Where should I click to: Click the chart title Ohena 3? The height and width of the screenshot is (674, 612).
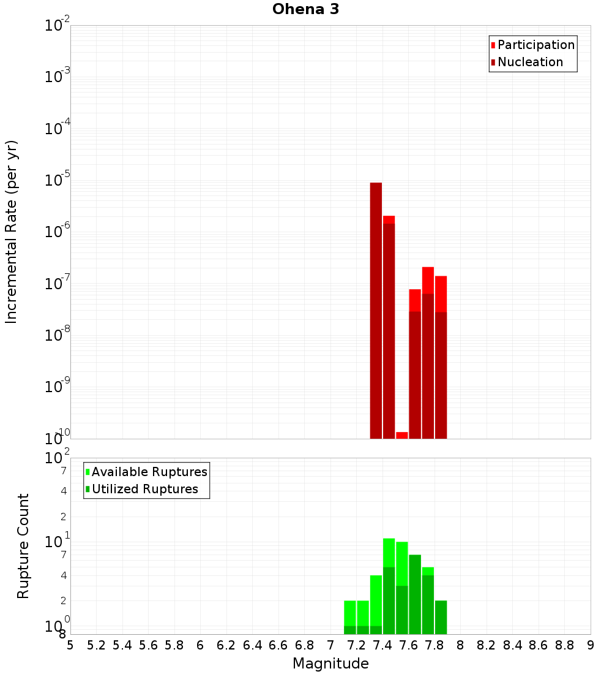[x=305, y=9]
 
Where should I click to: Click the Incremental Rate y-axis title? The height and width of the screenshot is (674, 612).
[x=12, y=232]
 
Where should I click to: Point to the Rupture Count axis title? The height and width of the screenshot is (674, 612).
[x=23, y=546]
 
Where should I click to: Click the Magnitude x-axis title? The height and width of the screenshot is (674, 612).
[x=330, y=664]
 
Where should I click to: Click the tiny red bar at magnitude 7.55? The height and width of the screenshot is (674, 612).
[x=401, y=435]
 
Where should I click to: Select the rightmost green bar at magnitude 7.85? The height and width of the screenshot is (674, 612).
[x=441, y=617]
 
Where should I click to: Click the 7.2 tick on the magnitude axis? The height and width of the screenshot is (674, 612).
[x=356, y=645]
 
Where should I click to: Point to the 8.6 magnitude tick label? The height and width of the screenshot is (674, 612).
[x=539, y=645]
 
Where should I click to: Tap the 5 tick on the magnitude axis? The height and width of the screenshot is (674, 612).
[x=70, y=645]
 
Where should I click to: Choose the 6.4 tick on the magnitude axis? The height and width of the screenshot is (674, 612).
[x=252, y=645]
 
